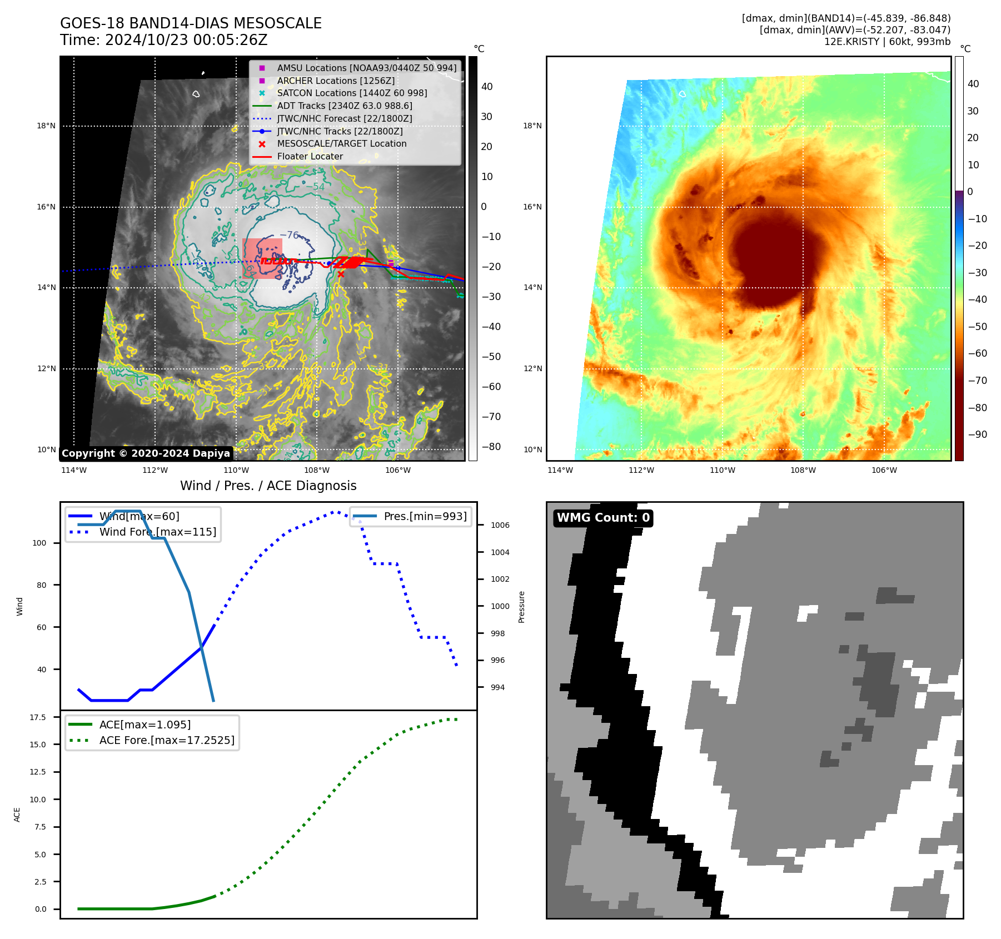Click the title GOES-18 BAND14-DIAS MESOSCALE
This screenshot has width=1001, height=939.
tap(191, 23)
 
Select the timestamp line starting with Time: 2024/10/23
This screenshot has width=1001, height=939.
tap(164, 40)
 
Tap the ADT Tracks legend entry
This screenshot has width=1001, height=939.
tap(345, 106)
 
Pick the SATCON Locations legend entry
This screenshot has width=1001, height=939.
tap(352, 93)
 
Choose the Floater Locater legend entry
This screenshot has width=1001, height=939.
tap(310, 156)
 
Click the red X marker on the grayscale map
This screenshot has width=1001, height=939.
tap(341, 274)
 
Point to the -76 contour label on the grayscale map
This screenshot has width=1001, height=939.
tap(289, 235)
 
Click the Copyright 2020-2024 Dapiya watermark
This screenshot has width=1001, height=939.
tap(146, 453)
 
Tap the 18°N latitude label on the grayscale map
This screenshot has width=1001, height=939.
tap(46, 126)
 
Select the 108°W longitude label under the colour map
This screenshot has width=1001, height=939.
tap(803, 470)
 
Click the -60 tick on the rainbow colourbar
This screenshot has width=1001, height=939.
tap(977, 353)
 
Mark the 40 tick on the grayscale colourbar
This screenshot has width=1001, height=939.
tap(487, 87)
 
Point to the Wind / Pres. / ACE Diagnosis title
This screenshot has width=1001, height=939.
tap(268, 486)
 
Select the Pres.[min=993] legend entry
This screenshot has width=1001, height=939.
tap(425, 516)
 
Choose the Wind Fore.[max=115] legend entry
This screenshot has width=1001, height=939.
tap(158, 532)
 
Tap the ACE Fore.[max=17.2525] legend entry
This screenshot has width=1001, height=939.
tap(167, 740)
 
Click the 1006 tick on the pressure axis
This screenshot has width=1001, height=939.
tap(500, 525)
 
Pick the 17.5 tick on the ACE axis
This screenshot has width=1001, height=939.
tap(38, 717)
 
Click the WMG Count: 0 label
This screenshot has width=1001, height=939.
tap(603, 518)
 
